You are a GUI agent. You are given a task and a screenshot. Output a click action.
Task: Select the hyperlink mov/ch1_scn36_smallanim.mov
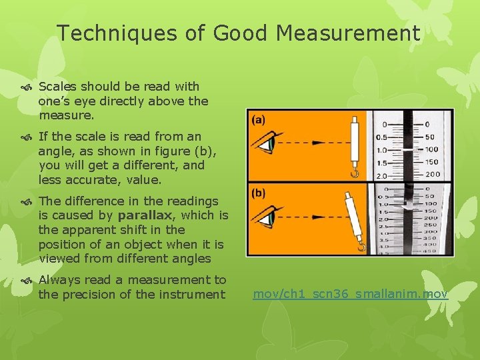pos(351,294)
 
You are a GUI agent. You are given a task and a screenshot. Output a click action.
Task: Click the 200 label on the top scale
pos(432,175)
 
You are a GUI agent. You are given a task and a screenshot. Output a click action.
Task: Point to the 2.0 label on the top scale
pos(381,175)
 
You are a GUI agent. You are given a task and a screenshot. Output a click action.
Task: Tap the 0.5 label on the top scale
pos(381,137)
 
